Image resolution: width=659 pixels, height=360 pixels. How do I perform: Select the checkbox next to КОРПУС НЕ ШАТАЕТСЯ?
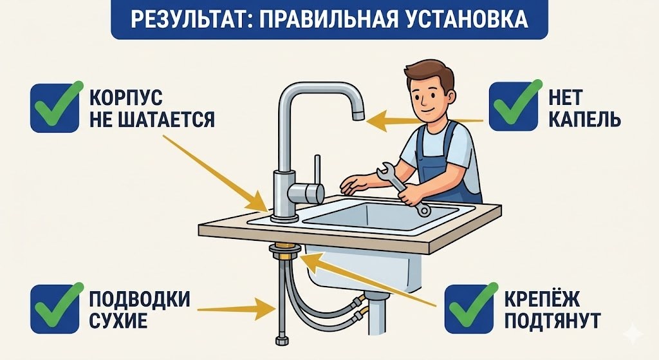click(x=57, y=106)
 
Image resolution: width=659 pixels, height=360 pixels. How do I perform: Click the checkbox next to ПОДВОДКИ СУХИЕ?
click(x=57, y=308)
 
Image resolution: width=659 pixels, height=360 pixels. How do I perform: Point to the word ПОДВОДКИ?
click(x=139, y=299)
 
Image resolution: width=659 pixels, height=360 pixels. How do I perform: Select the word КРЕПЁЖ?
click(x=543, y=299)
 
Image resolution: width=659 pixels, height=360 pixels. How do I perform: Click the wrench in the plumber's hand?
click(x=403, y=187)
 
